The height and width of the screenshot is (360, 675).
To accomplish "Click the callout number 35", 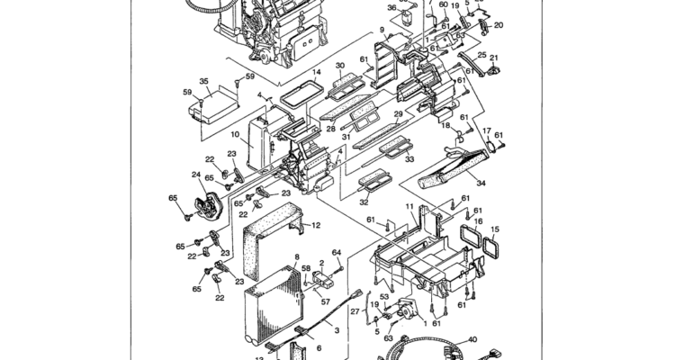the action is coord(204,81).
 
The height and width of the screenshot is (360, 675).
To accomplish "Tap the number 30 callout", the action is coord(340,66).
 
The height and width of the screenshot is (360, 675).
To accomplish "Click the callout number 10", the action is coord(235,134).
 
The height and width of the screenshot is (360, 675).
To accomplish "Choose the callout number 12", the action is coord(316,225).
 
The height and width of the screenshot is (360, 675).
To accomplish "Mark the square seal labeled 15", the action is coord(490,246).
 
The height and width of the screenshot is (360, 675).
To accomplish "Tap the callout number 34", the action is coord(481,183).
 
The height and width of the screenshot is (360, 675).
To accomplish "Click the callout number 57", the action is coord(326,301).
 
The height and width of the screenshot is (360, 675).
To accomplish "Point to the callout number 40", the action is coord(472,340).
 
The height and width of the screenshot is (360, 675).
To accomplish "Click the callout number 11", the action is coord(409,207).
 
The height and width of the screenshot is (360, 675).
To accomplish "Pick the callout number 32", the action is coord(364,202).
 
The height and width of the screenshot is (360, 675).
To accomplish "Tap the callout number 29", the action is coord(398,113).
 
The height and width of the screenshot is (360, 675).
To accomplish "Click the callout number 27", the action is coord(355,311).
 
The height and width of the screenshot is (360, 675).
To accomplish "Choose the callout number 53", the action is coord(384,297).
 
